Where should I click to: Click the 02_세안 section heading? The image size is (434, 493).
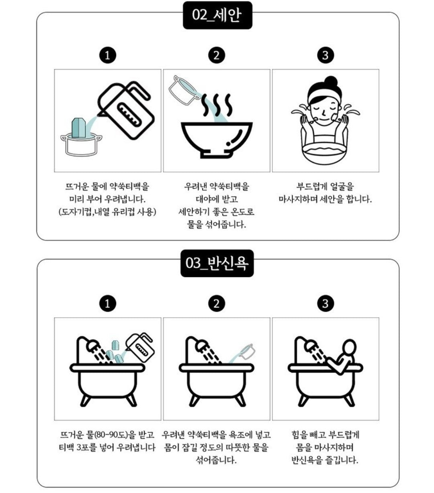(217, 15)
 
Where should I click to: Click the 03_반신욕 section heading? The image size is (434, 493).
(217, 263)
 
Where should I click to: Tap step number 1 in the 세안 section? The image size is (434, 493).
(108, 55)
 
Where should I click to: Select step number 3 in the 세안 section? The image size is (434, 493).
(325, 55)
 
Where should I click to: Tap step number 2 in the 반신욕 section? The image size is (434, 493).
(217, 303)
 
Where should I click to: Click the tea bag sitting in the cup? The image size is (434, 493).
(78, 128)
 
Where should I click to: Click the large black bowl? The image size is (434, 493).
(217, 140)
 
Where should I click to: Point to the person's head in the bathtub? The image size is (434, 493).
(349, 349)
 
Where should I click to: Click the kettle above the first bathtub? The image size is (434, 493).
(140, 347)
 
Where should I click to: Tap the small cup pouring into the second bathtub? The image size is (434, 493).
(247, 352)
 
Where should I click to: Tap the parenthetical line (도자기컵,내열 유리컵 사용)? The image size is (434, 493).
(107, 212)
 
